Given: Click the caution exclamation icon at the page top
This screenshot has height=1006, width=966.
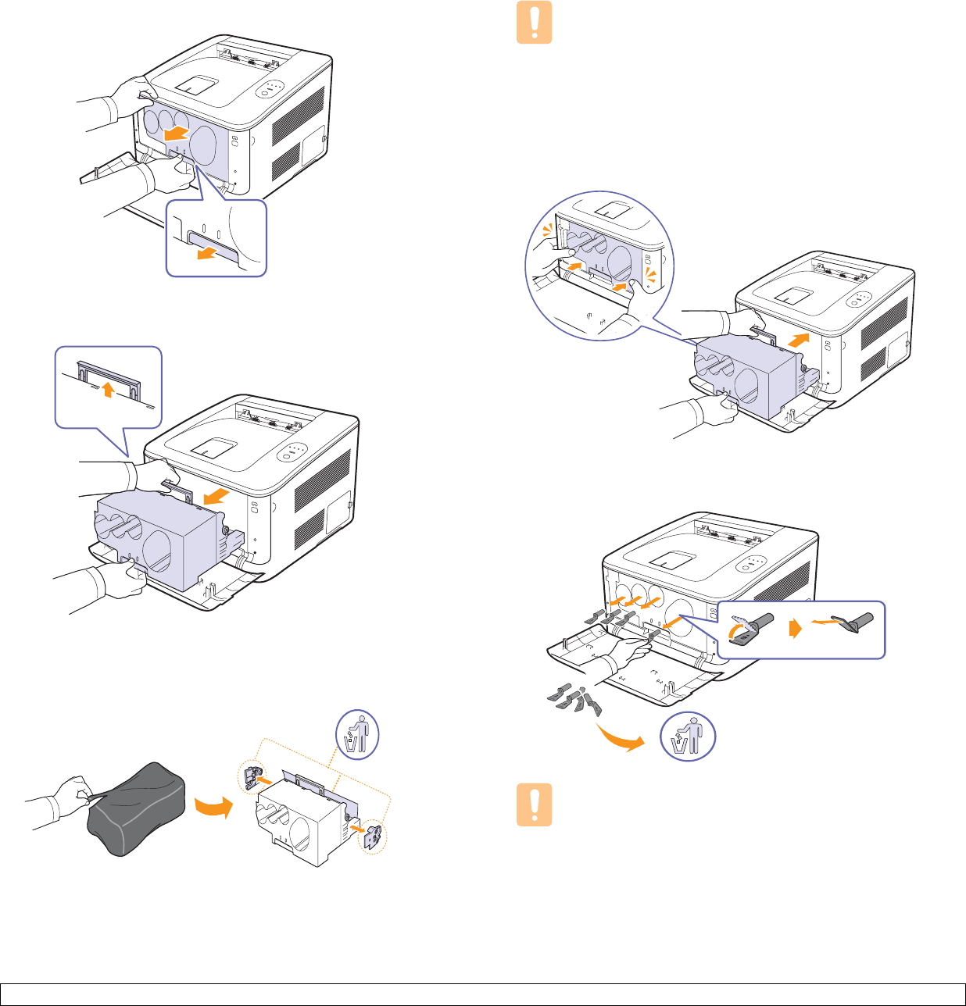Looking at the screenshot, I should (x=535, y=22).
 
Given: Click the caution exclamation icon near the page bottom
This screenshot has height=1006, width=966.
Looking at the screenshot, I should (x=535, y=804).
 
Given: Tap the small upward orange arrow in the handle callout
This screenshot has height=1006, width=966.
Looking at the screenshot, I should (x=109, y=388).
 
